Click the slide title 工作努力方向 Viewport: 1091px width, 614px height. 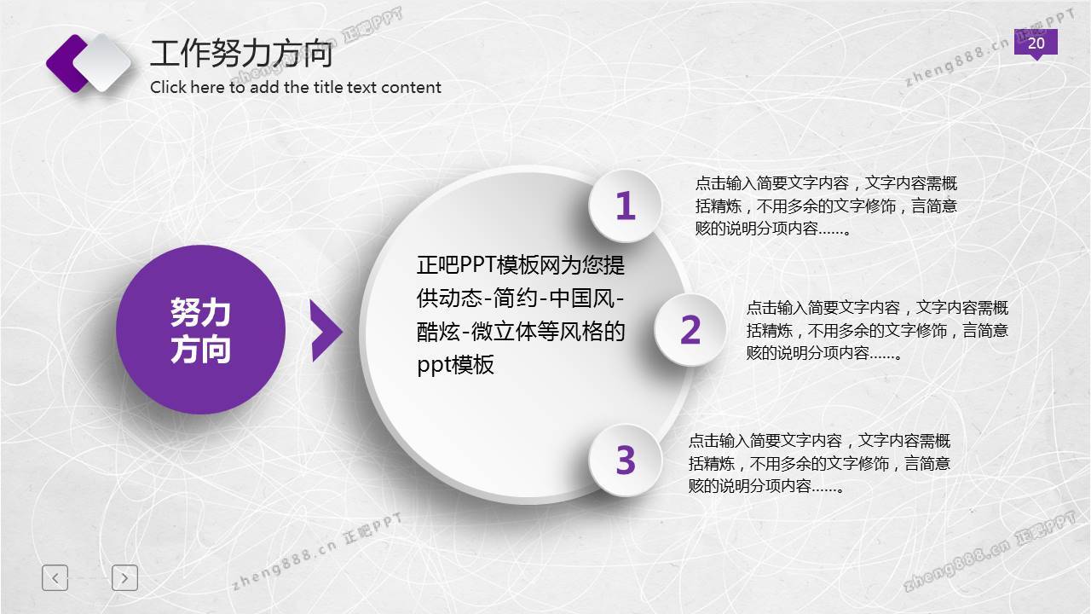pos(241,54)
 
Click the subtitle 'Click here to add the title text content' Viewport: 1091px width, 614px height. pos(296,87)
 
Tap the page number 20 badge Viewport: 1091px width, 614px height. pos(1036,43)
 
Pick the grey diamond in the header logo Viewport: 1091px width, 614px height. pos(103,62)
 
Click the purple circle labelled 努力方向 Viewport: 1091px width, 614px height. pos(200,329)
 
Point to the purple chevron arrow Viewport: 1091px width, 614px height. pos(326,331)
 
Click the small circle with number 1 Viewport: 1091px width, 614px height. pos(626,206)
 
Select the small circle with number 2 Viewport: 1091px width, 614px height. pos(690,330)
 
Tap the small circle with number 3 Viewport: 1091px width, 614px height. pos(626,460)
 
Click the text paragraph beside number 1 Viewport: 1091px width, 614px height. pos(826,206)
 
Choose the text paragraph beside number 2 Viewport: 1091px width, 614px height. pos(877,330)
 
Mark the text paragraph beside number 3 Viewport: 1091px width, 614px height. pos(819,463)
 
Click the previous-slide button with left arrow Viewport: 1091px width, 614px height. pos(55,578)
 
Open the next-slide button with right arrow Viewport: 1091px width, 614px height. pos(124,578)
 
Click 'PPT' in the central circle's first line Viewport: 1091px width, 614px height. pos(477,265)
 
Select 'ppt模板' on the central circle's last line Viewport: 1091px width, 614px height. pos(455,364)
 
